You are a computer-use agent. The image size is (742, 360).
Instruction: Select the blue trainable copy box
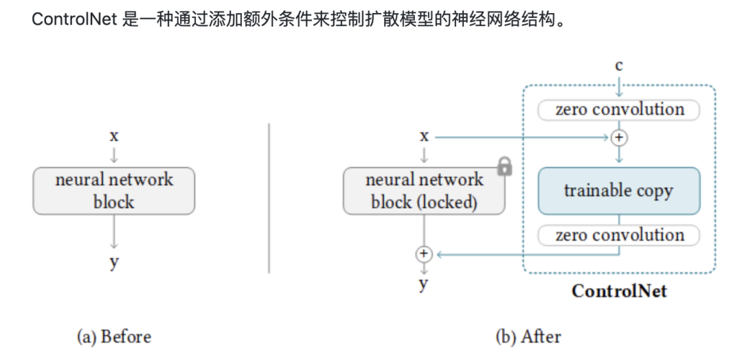619,191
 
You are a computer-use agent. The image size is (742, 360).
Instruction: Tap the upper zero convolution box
619,110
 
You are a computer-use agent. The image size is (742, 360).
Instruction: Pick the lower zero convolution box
619,236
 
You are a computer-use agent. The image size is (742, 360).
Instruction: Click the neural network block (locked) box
424,191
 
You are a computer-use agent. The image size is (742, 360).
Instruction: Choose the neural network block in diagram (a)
114,191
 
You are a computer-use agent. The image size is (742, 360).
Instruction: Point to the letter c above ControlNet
619,66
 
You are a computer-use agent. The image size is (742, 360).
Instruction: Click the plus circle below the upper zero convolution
619,137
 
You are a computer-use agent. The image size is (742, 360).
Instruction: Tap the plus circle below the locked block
424,254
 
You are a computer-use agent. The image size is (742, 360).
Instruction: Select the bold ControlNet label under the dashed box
619,291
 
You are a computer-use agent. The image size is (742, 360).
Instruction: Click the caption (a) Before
113,337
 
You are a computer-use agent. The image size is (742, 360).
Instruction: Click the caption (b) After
528,337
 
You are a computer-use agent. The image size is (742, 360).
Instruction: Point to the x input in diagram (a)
114,135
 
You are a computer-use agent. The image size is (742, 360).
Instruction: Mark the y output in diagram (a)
114,262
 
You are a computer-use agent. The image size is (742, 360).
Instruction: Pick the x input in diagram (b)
424,136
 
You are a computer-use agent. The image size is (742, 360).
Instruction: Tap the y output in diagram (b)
424,284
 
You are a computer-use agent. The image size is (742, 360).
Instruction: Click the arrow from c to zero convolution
619,87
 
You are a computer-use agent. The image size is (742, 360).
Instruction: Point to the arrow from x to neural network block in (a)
114,154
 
